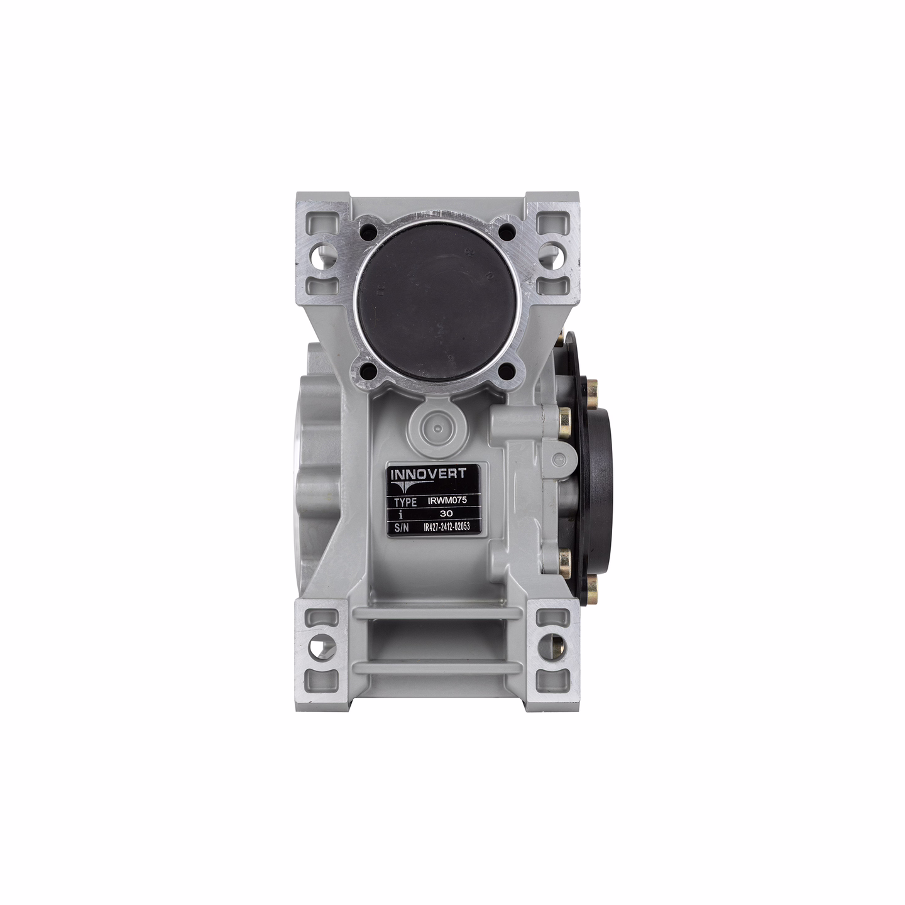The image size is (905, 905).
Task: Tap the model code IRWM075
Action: click(447, 501)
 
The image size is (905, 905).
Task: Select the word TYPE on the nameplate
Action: click(405, 502)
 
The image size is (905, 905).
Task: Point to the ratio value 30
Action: click(447, 514)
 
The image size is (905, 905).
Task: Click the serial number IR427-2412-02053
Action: click(447, 527)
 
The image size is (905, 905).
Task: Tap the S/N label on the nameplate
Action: click(402, 528)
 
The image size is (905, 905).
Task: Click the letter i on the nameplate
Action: click(405, 515)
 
